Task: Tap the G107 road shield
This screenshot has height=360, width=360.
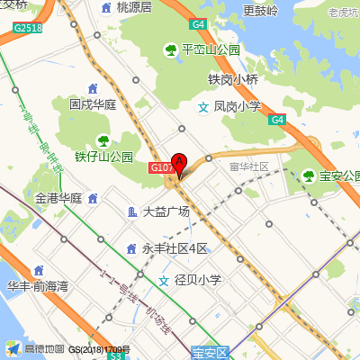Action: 161,168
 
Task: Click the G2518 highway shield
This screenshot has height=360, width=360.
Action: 28,28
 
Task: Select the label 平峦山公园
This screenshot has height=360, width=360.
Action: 210,49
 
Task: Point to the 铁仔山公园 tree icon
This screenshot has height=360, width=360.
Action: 104,139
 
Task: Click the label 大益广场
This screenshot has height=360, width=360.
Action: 166,212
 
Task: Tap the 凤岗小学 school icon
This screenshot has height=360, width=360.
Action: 204,106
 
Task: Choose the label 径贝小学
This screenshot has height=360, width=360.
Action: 198,280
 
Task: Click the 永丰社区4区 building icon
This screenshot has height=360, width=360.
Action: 131,247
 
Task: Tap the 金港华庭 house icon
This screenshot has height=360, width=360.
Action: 93,198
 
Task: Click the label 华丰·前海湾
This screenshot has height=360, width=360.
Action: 37,287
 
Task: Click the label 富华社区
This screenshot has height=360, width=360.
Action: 249,166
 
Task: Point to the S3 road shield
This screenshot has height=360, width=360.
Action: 114,356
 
